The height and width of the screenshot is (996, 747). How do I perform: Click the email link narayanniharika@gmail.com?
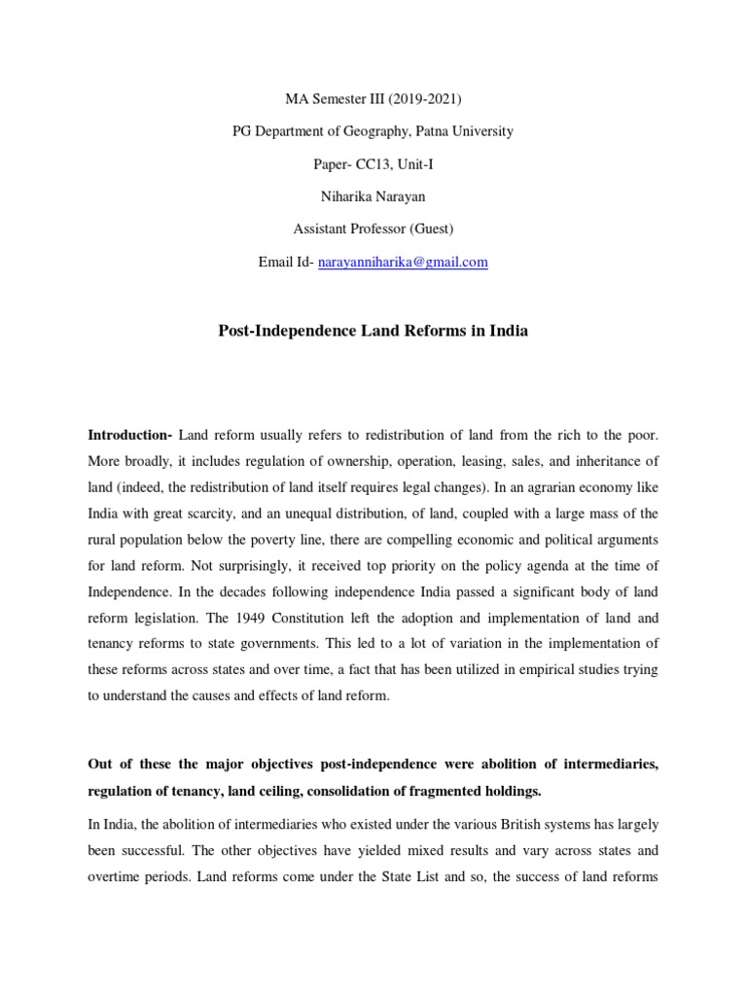(403, 263)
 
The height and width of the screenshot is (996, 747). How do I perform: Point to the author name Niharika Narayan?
(373, 196)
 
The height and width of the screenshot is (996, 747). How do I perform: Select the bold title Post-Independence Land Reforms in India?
(373, 331)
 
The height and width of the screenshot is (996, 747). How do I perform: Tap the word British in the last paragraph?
(461, 824)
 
